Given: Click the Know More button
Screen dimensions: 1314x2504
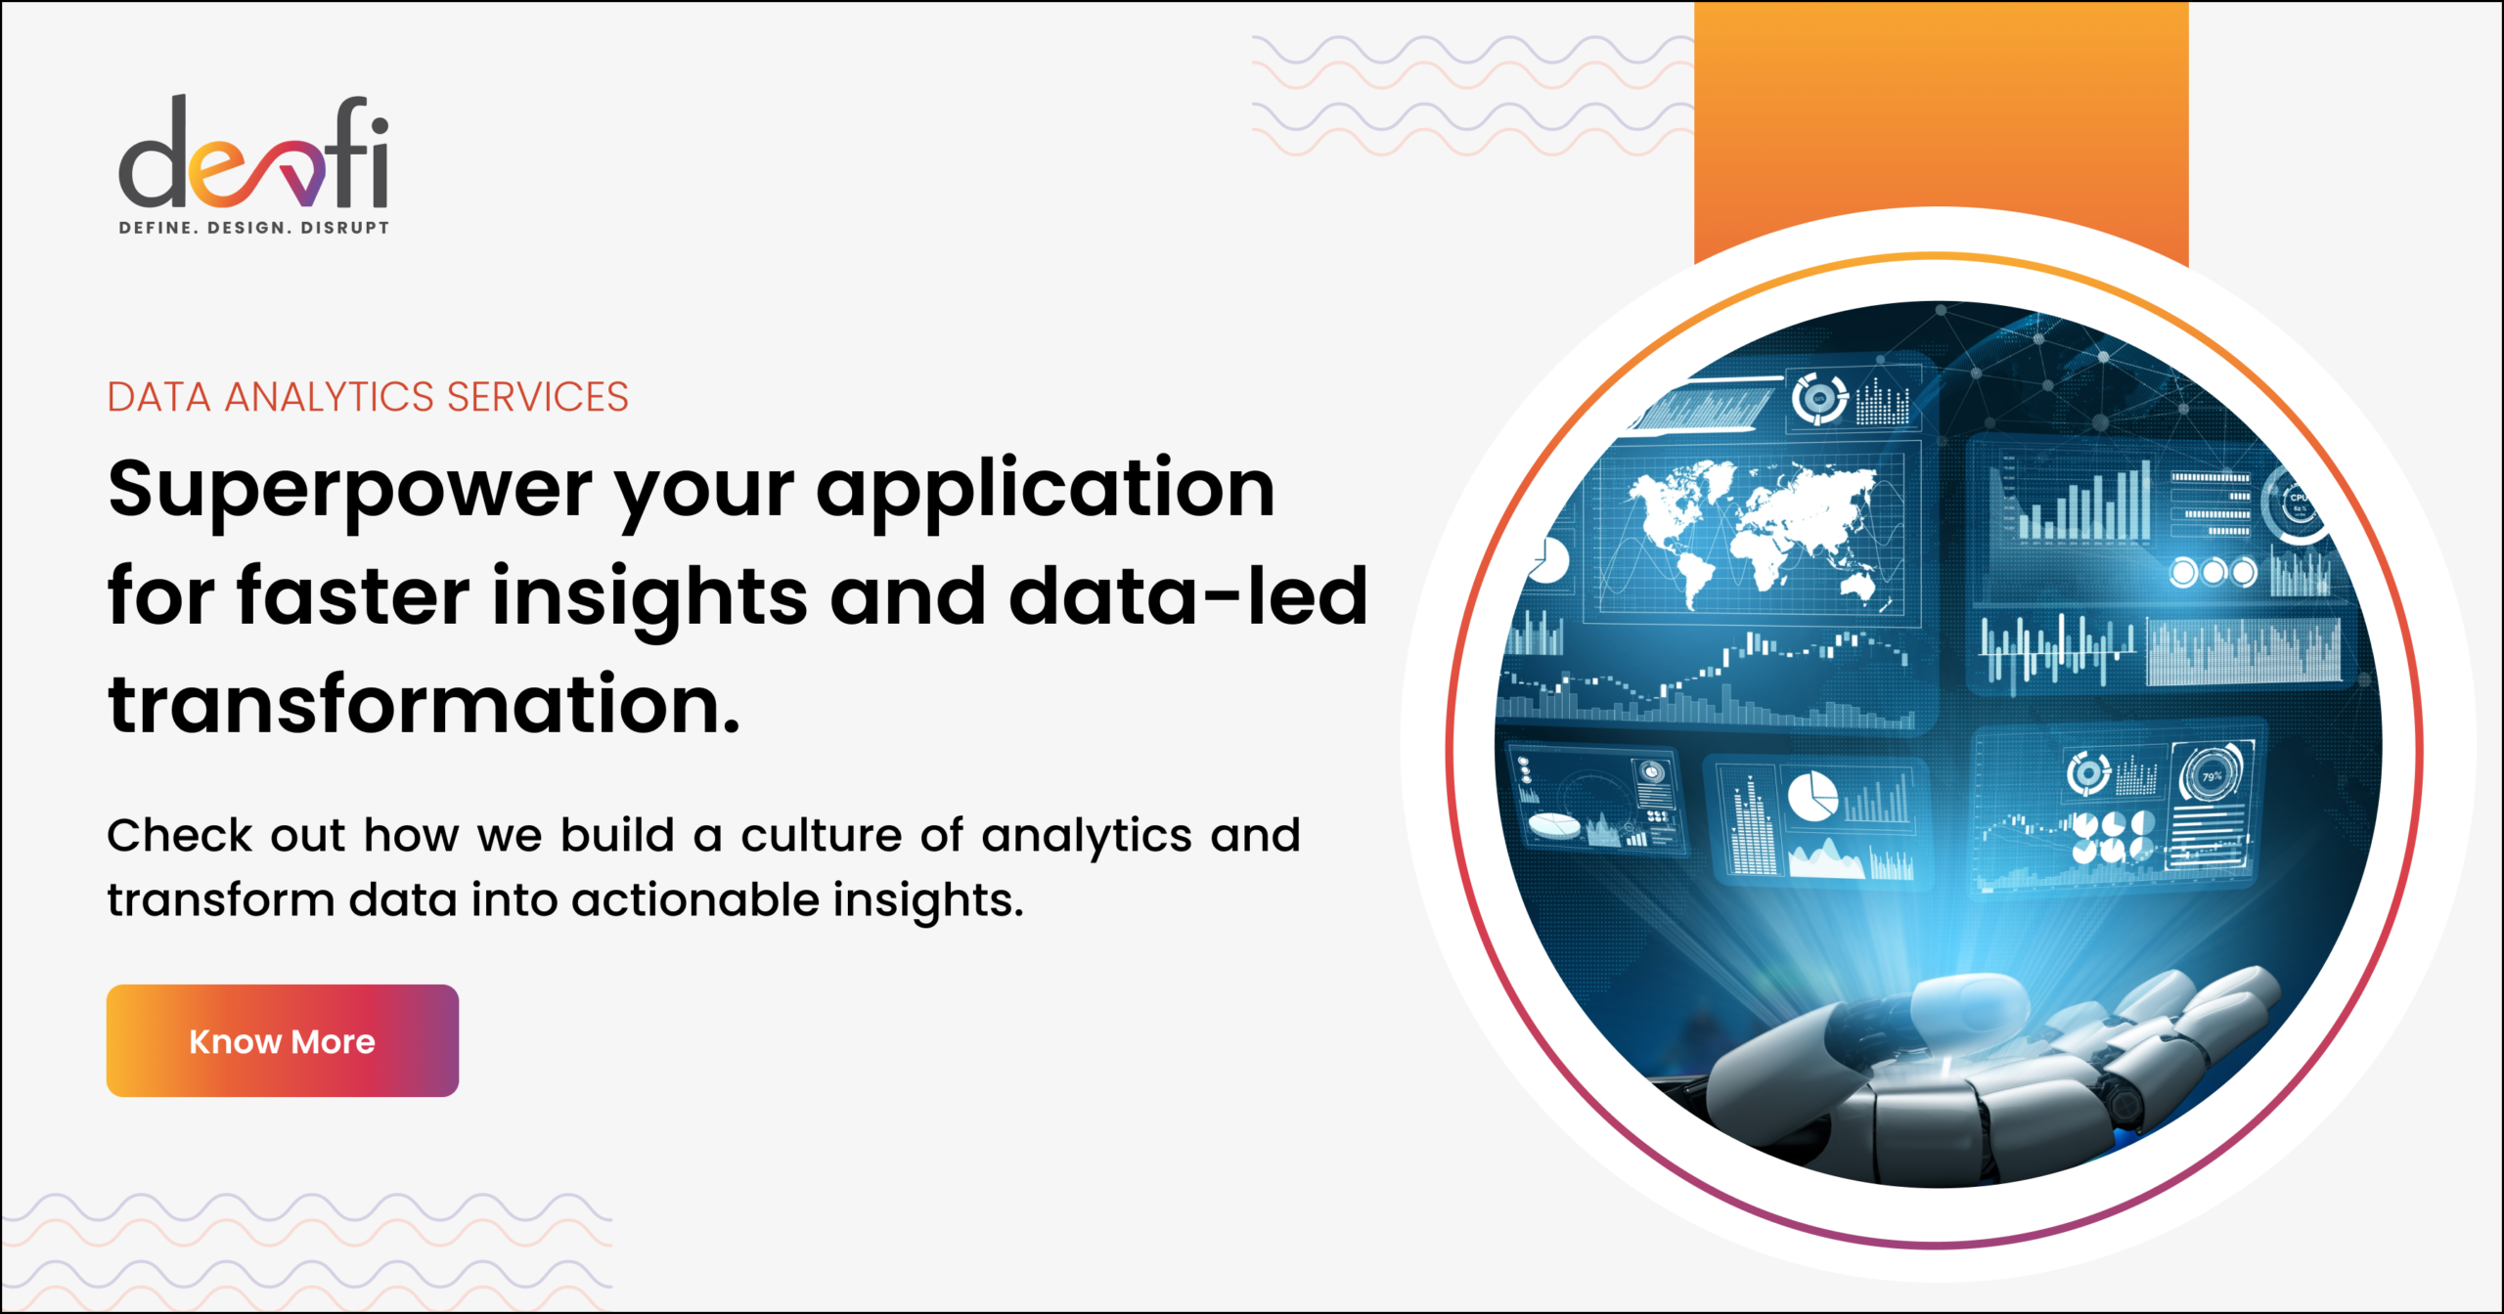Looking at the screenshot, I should point(282,1040).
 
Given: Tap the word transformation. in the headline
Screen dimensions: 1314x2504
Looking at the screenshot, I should point(424,706).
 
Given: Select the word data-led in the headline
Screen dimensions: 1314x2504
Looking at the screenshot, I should point(1187,596).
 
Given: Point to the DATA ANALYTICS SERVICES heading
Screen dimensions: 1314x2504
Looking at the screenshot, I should point(367,398).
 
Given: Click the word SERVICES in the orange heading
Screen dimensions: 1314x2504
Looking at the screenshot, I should point(537,398).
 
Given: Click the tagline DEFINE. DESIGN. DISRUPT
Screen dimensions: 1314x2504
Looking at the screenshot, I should point(253,228).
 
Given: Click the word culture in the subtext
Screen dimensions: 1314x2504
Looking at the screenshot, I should point(822,836).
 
